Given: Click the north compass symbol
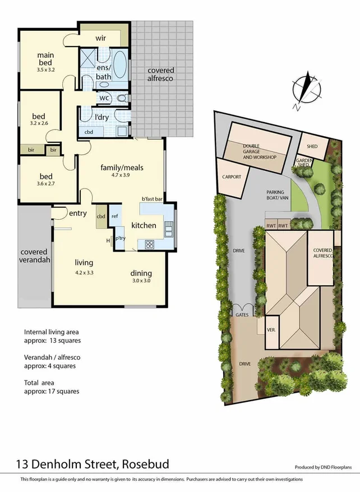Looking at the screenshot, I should point(307,90).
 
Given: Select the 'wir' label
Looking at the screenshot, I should point(101,38).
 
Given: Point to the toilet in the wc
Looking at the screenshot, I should point(122,98).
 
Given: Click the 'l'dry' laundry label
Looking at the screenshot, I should point(101,117).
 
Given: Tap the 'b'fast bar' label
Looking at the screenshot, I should point(151,199).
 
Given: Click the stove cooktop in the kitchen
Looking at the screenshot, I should point(150,244).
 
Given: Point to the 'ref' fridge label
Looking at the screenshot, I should point(115,216).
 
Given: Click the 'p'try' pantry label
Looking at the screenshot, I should point(119,238).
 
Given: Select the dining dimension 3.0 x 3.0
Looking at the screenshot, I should point(142,281).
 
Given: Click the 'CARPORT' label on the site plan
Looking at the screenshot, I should point(232,177).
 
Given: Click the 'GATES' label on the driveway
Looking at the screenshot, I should point(242,315).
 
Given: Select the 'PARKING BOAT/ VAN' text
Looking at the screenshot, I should point(276,196).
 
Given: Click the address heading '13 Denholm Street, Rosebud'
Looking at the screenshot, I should point(92,465).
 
